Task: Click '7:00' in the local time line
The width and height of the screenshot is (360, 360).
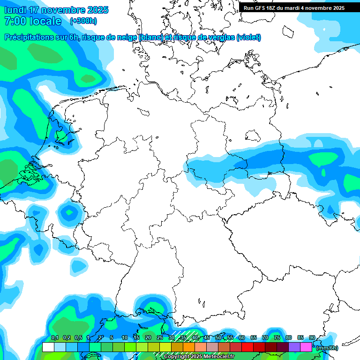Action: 14,21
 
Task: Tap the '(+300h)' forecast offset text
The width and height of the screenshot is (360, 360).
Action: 83,21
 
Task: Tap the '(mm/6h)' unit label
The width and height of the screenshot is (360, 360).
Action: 327,348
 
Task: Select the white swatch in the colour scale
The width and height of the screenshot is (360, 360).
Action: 48,347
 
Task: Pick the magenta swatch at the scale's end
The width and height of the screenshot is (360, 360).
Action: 306,347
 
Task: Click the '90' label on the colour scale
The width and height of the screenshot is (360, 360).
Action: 312,338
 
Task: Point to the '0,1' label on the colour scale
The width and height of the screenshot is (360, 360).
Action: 54,338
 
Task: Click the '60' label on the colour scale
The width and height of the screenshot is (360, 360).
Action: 241,338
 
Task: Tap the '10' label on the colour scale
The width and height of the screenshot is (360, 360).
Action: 124,338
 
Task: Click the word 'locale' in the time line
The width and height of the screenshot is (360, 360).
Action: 45,21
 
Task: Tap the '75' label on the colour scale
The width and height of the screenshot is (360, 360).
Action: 277,338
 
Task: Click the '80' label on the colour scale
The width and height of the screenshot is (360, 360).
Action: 288,338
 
